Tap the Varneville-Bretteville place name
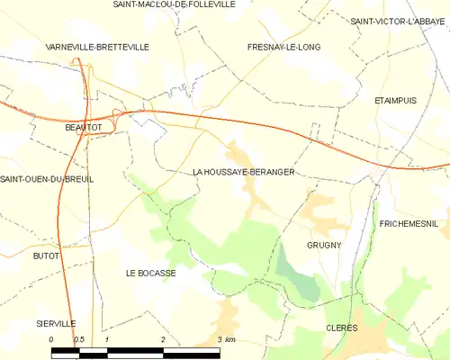tap(98, 46)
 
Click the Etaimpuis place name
tap(395, 101)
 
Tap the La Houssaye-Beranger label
tap(243, 171)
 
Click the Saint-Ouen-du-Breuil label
tap(47, 179)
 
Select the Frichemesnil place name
tap(408, 222)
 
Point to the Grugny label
tap(323, 245)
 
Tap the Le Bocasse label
tap(150, 273)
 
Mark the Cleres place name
tap(341, 328)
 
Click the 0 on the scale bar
tap(51, 339)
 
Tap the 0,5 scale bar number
tap(78, 339)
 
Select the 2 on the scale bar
tap(163, 339)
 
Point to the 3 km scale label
tap(227, 339)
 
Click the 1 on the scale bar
tap(107, 339)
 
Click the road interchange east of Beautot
tap(118, 113)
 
